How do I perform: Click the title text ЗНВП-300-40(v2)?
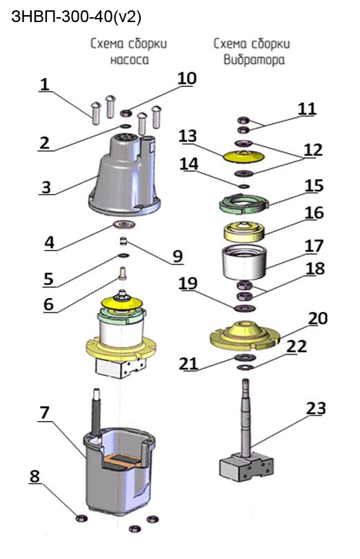[x=77, y=17]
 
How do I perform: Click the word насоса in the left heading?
[x=130, y=59]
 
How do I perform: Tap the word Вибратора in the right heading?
[x=254, y=59]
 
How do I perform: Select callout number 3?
[x=46, y=187]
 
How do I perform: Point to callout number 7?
[x=44, y=412]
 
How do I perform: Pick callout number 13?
[x=188, y=135]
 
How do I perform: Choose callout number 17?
[x=314, y=246]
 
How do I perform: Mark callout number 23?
[x=316, y=408]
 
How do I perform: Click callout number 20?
[x=318, y=318]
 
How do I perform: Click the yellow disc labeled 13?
[x=243, y=157]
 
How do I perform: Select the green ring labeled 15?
[x=243, y=204]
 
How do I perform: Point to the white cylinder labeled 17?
[x=244, y=262]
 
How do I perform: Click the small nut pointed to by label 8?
[x=81, y=518]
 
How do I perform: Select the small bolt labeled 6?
[x=123, y=273]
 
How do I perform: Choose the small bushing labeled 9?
[x=123, y=242]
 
